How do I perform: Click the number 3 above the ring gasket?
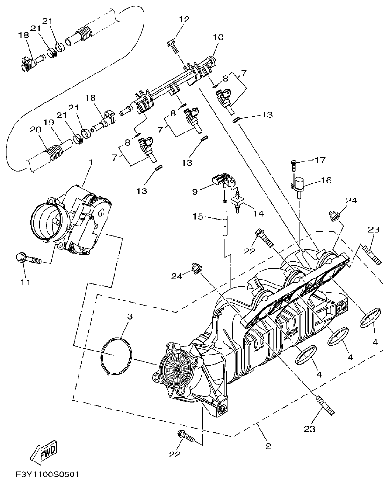130,316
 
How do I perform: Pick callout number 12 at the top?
184,19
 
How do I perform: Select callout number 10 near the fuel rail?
218,37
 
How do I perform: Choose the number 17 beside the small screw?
319,161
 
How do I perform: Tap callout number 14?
258,213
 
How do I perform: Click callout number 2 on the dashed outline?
268,446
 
